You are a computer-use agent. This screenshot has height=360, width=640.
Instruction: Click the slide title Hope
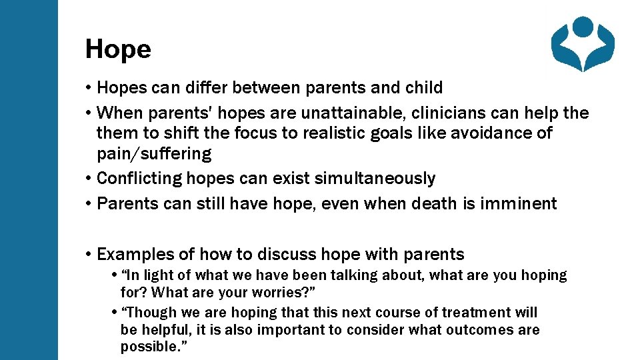click(x=118, y=49)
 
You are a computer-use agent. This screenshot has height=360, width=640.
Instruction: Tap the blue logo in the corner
click(x=583, y=44)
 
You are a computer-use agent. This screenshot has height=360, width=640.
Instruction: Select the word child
click(x=424, y=88)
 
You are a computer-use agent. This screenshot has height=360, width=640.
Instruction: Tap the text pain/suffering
click(x=154, y=154)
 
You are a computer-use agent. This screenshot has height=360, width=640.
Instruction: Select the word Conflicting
click(x=139, y=179)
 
